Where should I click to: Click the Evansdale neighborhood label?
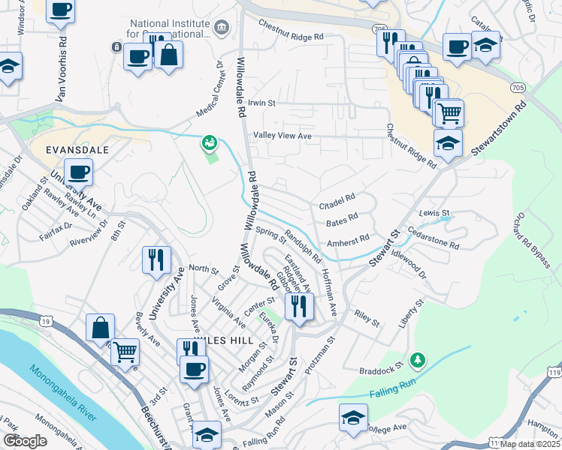(x=77, y=150)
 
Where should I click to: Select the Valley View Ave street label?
(x=282, y=136)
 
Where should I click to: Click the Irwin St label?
(x=262, y=103)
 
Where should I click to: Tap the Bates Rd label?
(x=342, y=222)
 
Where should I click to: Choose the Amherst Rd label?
(x=348, y=241)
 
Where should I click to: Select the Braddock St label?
(x=387, y=361)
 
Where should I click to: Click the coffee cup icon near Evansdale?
(x=78, y=172)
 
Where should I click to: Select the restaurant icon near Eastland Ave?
(x=300, y=304)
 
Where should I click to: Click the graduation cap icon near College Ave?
(x=353, y=417)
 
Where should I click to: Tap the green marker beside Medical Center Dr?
(x=209, y=142)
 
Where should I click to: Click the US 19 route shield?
(x=47, y=321)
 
